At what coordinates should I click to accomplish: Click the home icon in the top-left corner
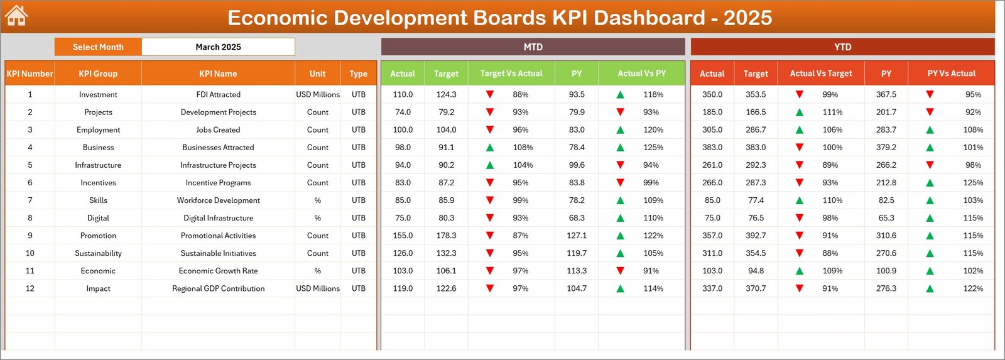(16, 16)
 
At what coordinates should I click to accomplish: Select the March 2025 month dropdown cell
(218, 47)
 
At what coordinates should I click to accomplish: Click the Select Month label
(98, 47)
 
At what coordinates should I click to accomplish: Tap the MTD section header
(533, 47)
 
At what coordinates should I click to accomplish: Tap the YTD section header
(842, 47)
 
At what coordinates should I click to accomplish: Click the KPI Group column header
(98, 74)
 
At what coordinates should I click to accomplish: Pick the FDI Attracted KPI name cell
(218, 94)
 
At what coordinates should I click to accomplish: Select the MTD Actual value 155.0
(403, 236)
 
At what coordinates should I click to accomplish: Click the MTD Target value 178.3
(446, 236)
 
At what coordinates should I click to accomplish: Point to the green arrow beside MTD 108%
(490, 148)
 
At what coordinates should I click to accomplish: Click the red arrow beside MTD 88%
(490, 94)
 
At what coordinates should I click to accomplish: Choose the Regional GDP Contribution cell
(218, 288)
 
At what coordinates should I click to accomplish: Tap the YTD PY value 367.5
(886, 94)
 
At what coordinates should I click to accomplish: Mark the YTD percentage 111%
(832, 112)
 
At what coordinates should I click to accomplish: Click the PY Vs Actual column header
(951, 74)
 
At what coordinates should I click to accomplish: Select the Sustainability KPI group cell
(98, 253)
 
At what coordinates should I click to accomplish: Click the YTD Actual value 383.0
(712, 148)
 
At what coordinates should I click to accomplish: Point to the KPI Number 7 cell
(30, 200)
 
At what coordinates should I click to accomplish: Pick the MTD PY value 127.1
(577, 236)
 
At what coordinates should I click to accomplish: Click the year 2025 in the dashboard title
(747, 18)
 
